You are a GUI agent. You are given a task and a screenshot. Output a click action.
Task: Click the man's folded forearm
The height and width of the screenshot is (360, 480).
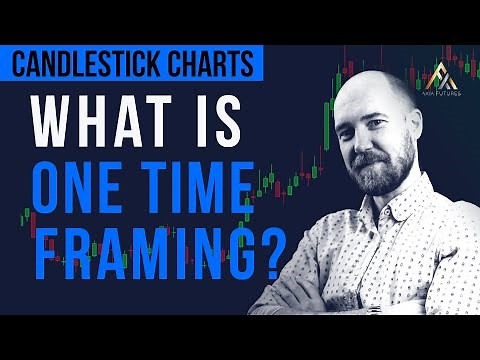click(x=300, y=300)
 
